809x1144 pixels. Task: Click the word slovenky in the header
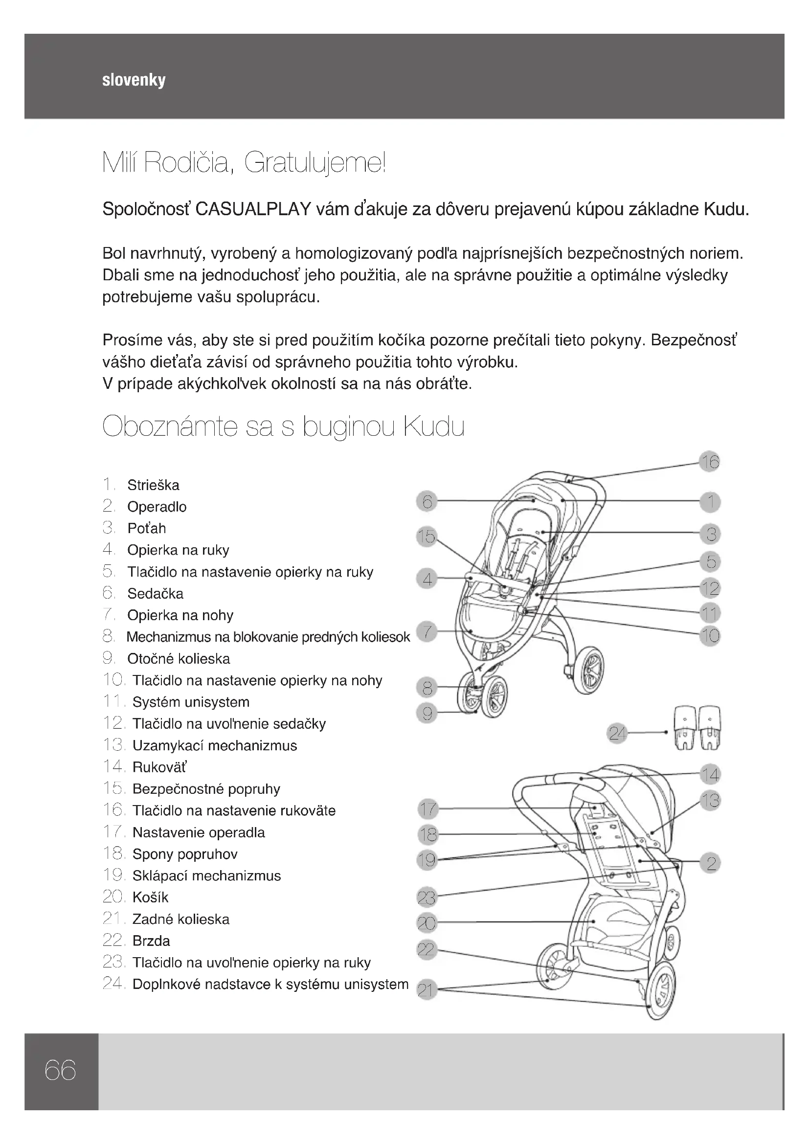(x=134, y=80)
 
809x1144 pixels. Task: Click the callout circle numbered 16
(x=710, y=462)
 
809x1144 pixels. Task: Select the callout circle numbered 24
(x=617, y=734)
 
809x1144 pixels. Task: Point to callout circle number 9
(x=427, y=714)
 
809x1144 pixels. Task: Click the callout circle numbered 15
(x=427, y=537)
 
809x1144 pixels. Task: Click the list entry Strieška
(x=153, y=485)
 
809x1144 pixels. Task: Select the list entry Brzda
(x=151, y=941)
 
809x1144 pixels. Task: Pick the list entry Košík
(x=150, y=897)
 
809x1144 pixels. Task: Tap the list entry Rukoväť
(x=159, y=767)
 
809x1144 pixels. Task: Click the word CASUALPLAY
(x=253, y=209)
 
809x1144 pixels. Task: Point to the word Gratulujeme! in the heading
(x=315, y=163)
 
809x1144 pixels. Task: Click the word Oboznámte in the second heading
(x=169, y=427)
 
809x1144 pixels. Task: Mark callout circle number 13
(x=710, y=801)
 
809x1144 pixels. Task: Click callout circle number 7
(x=427, y=632)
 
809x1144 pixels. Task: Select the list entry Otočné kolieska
(x=179, y=659)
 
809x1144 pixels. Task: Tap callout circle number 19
(x=427, y=859)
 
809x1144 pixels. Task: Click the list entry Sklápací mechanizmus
(x=206, y=875)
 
